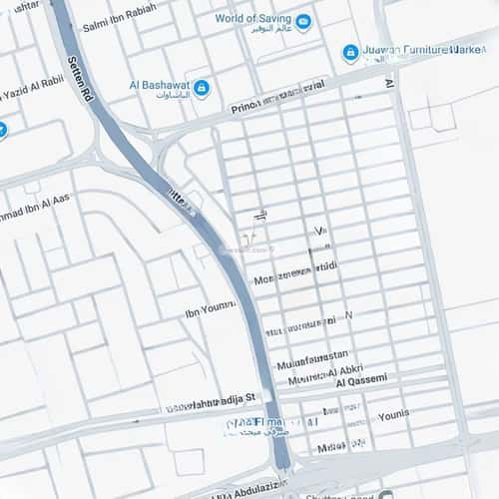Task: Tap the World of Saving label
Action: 251,18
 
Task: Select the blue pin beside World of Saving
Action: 303,21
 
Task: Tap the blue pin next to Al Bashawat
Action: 202,89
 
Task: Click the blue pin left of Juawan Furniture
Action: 350,53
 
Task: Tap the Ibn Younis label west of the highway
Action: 209,311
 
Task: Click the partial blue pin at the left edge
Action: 3,130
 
